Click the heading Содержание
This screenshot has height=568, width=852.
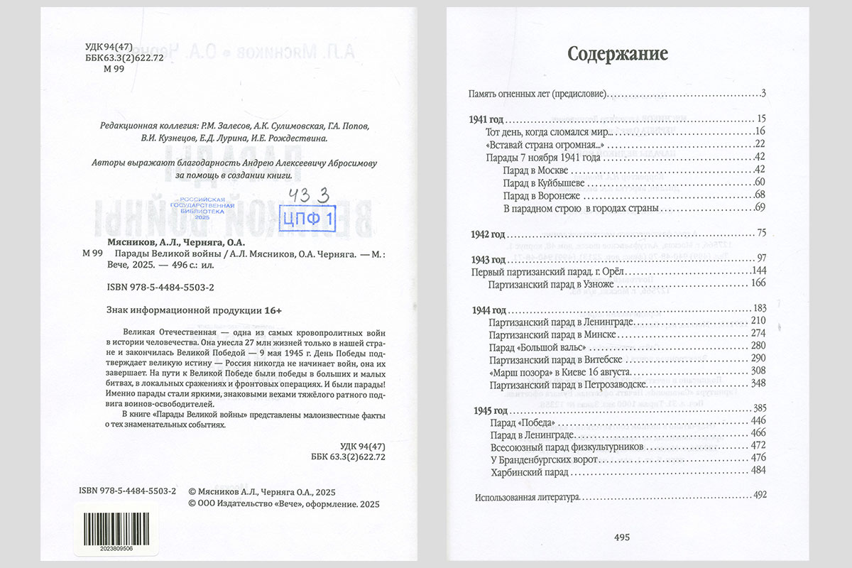click(x=618, y=55)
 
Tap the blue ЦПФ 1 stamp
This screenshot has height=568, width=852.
click(x=308, y=219)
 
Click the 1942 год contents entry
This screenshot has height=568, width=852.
click(x=488, y=233)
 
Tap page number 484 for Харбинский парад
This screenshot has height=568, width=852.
click(x=758, y=471)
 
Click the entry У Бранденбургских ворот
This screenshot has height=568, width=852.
click(x=540, y=459)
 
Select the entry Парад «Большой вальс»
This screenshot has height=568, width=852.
click(x=537, y=346)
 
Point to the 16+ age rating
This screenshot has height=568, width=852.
click(x=274, y=310)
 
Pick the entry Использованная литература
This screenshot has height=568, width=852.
click(x=528, y=496)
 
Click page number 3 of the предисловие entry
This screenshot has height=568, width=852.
click(x=763, y=94)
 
